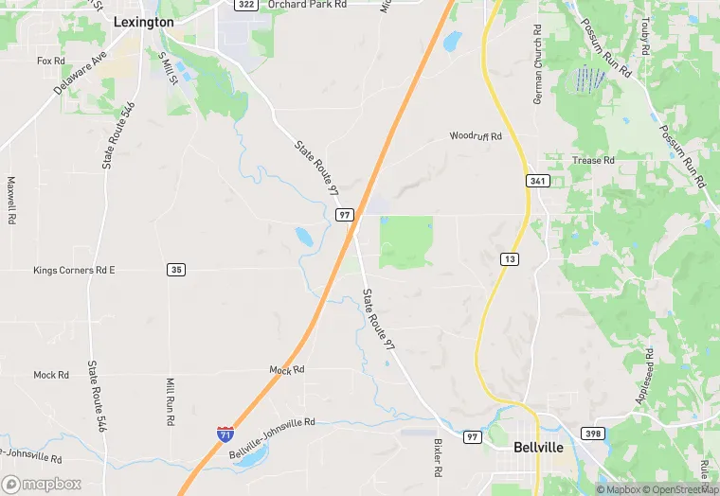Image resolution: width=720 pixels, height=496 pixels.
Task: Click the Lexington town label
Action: tap(143, 22)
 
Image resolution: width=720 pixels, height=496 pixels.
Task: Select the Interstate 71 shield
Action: tap(225, 435)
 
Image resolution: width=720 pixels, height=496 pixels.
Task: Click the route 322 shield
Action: tap(246, 5)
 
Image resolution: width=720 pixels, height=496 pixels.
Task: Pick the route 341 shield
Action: tap(538, 179)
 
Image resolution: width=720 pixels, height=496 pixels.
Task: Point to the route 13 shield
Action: tap(509, 258)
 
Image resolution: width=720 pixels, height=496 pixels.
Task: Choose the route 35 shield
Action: tap(175, 270)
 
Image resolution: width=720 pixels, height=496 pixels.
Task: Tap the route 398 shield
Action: tap(592, 433)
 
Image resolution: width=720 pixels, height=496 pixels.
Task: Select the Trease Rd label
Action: tap(594, 161)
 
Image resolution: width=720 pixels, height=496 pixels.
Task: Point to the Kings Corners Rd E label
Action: tap(74, 271)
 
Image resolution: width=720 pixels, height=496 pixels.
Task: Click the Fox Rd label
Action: tap(50, 61)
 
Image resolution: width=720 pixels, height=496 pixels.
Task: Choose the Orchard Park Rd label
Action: tap(307, 5)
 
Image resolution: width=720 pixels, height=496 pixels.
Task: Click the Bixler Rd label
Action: tap(438, 457)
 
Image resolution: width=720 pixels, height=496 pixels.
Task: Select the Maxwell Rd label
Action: tap(12, 200)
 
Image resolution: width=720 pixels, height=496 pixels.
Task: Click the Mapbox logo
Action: tap(42, 484)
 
